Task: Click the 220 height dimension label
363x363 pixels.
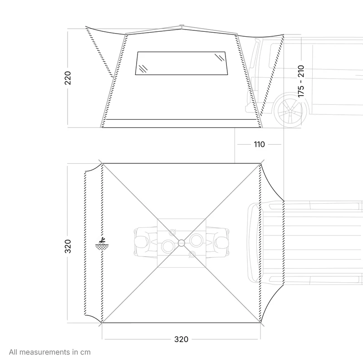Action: [x=68, y=78]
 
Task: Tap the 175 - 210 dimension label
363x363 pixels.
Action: [x=301, y=81]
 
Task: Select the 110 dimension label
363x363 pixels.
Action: [x=259, y=144]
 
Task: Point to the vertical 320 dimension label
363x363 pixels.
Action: [x=68, y=246]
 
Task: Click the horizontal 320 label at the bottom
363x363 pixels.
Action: [x=181, y=339]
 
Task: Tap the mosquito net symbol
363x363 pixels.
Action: [x=102, y=244]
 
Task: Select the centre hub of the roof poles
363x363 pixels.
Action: [x=181, y=243]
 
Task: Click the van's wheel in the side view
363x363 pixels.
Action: [x=290, y=111]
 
